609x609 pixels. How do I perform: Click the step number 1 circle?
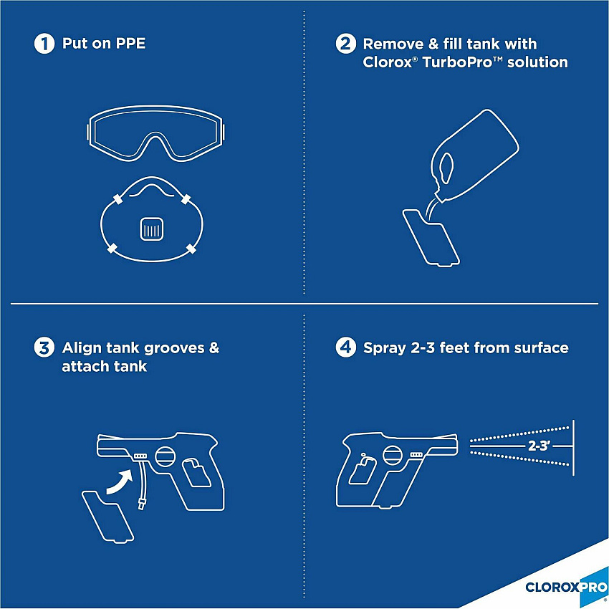pos(44,43)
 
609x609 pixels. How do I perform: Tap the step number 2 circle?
pos(345,43)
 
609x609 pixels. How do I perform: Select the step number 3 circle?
pos(44,347)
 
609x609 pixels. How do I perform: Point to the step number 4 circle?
pos(345,347)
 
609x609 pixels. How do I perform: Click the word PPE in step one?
pos(131,43)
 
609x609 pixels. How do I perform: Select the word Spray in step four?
pos(385,348)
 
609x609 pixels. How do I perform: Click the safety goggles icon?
pos(155,133)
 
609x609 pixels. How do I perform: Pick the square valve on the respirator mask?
pos(151,229)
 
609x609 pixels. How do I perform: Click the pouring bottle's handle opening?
pos(446,168)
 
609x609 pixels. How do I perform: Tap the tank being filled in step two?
pos(431,238)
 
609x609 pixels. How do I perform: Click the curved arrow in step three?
pos(120,482)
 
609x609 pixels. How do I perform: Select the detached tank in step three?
pos(107,517)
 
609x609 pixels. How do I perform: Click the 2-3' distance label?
pos(539,446)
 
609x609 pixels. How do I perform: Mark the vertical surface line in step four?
pos(574,447)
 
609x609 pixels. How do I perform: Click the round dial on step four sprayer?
pos(393,455)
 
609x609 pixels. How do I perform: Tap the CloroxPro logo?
pos(566,587)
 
